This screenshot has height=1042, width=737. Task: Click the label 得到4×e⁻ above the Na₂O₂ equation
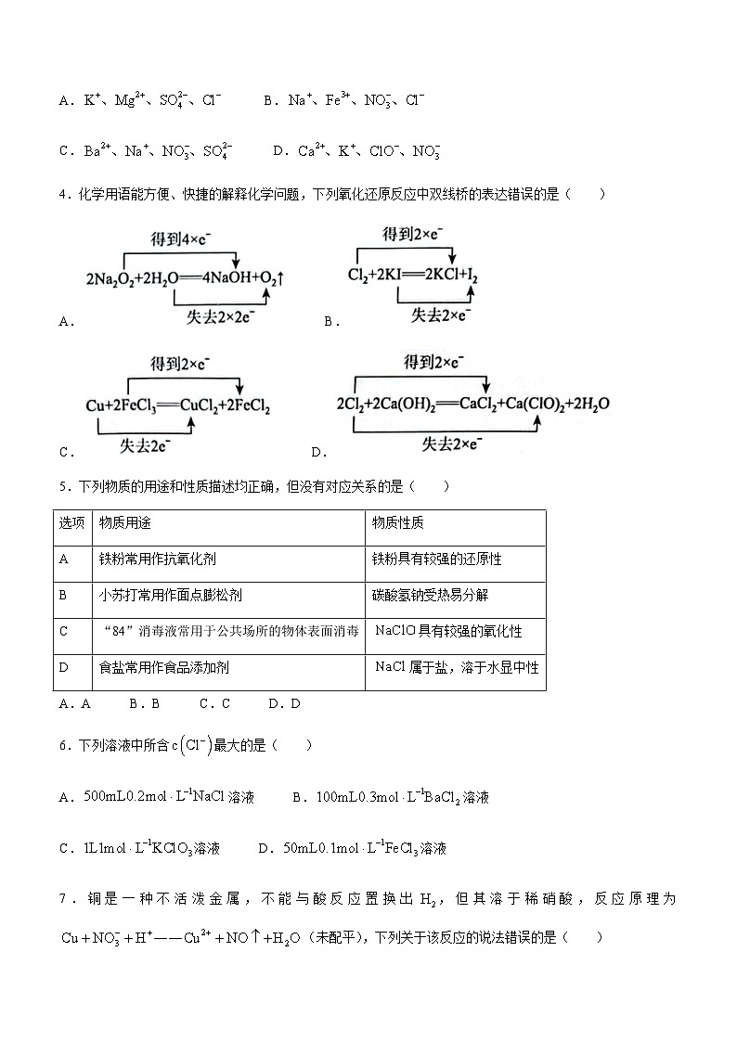[180, 239]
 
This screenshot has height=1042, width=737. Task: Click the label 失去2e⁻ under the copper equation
[144, 445]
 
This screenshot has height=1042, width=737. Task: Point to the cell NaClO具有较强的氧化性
[448, 632]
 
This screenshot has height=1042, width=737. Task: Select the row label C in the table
[64, 632]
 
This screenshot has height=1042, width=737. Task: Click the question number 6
[62, 745]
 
